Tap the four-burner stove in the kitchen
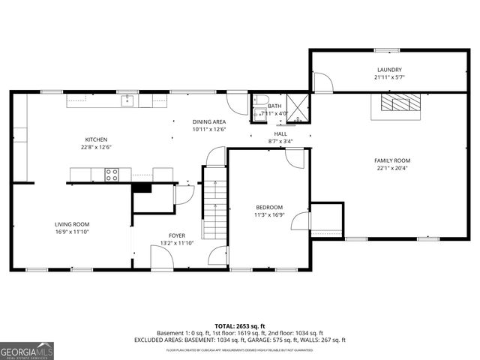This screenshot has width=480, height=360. [111, 175]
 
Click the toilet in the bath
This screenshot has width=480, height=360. [259, 100]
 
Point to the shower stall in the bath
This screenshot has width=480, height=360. [298, 106]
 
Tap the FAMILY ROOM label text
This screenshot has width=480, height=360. [392, 160]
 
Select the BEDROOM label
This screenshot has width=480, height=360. [268, 207]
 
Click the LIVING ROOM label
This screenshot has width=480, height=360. [72, 224]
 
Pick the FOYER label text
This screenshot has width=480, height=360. [166, 235]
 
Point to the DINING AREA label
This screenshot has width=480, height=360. [209, 121]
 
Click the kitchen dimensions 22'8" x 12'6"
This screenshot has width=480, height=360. [96, 147]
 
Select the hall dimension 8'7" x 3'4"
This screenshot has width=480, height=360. [280, 141]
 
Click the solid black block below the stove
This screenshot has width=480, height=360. [142, 187]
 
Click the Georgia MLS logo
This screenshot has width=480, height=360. [27, 350]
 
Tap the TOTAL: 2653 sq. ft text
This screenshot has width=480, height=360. [240, 326]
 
